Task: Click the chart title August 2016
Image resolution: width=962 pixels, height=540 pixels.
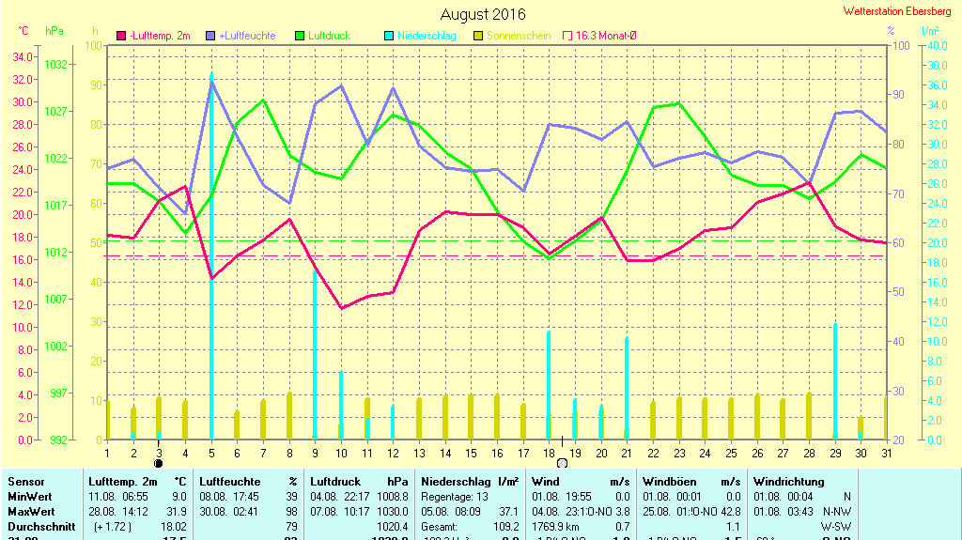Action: [x=483, y=14]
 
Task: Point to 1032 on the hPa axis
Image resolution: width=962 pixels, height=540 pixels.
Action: [x=55, y=65]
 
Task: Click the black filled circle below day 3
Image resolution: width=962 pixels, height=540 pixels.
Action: [x=159, y=462]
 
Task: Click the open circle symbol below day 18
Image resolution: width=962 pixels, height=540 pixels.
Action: [x=563, y=463]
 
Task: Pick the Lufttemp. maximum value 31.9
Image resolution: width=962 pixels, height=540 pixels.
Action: [x=177, y=511]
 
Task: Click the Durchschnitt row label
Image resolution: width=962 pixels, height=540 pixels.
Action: [x=40, y=526]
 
